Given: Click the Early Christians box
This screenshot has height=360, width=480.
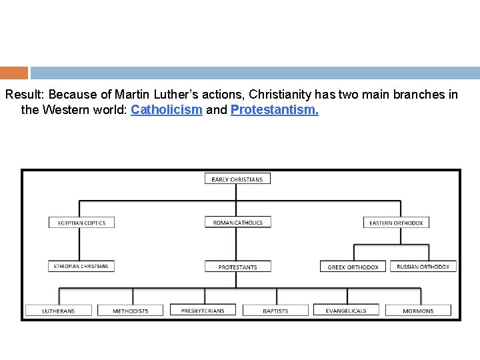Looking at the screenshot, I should [237, 179].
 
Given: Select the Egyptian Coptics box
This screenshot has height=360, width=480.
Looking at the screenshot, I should [81, 223].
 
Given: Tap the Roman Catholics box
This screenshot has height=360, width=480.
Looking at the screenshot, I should [237, 223].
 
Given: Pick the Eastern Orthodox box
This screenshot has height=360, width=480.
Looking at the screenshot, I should [396, 223].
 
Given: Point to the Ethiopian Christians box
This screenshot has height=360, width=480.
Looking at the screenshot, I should [81, 266].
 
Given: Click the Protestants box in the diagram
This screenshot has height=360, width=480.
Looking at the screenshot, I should [237, 267].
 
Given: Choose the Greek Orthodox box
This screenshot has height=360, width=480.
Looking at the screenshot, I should [353, 267].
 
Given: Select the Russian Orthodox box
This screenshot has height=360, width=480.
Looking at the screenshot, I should [423, 266].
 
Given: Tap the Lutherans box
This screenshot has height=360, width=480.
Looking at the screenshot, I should [58, 311].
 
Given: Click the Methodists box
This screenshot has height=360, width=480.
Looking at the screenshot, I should [131, 311].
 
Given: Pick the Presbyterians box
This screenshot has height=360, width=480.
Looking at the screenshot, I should [203, 310].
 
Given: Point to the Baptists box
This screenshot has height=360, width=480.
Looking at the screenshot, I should [275, 311].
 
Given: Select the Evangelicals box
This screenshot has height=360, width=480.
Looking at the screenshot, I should [346, 311].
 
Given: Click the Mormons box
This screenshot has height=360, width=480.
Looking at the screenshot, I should [418, 311].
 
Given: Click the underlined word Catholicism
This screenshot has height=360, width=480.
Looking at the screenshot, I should [167, 110].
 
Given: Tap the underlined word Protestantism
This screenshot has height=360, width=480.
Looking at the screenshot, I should [274, 110].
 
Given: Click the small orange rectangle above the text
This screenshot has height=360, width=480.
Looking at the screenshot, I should [14, 73].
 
